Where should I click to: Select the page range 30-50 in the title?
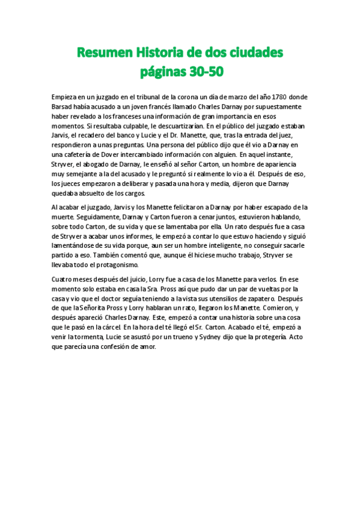coord(204,72)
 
